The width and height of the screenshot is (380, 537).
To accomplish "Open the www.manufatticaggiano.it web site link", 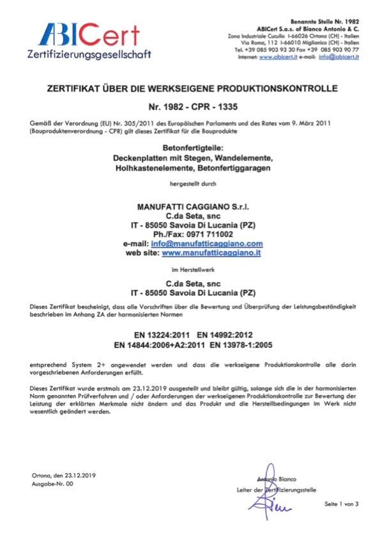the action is coord(213,253).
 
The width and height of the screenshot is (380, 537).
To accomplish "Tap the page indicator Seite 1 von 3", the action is coord(342,504).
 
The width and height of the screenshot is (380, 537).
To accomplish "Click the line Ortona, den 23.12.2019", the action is coord(63,475).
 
